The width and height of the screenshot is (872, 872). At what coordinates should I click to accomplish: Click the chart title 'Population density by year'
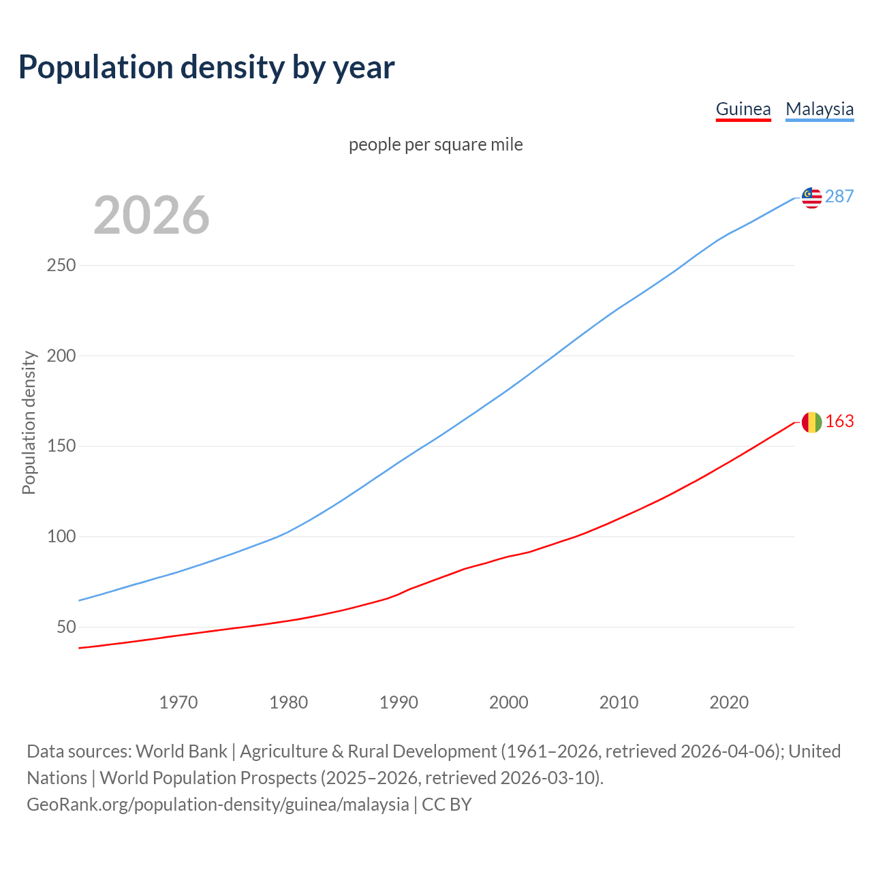click(x=206, y=67)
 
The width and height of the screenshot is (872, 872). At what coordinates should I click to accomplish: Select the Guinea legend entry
click(x=743, y=109)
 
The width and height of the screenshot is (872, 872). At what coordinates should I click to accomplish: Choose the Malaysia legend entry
click(x=820, y=109)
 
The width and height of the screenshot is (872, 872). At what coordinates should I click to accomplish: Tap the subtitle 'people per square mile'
click(x=436, y=144)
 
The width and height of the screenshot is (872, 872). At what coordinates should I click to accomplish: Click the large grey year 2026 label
click(x=151, y=215)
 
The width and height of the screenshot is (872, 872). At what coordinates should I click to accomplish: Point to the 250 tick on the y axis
click(x=61, y=265)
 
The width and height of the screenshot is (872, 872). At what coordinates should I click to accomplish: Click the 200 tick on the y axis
click(x=61, y=356)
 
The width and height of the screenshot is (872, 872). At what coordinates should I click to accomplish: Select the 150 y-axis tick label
click(x=61, y=446)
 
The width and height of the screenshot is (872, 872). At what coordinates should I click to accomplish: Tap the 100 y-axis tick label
click(x=61, y=537)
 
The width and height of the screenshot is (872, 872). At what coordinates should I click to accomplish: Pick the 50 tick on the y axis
click(x=66, y=627)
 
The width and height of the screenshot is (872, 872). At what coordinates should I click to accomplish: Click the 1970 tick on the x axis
click(x=178, y=702)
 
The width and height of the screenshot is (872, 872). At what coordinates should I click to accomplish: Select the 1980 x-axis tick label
click(x=289, y=702)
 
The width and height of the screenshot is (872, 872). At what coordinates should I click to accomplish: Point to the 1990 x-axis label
click(x=399, y=702)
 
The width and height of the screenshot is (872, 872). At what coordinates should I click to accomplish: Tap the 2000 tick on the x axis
click(x=509, y=702)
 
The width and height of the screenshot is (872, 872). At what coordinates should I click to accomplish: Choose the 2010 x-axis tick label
click(x=619, y=702)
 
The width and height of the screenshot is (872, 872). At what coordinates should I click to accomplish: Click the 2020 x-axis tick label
click(x=729, y=702)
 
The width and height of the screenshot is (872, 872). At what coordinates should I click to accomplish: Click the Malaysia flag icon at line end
click(x=811, y=198)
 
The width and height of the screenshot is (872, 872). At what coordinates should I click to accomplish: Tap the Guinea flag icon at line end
click(x=811, y=422)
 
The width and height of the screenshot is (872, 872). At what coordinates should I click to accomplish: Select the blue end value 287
click(x=839, y=196)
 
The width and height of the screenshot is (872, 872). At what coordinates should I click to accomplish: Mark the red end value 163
click(x=839, y=422)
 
